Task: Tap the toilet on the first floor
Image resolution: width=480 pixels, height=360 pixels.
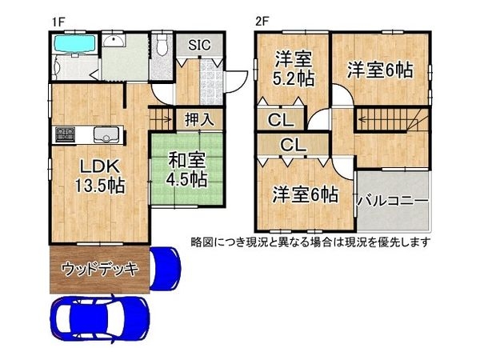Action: (x=162, y=46)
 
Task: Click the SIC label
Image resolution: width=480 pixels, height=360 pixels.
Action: (x=198, y=45)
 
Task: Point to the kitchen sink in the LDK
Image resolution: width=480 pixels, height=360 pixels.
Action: (x=102, y=134)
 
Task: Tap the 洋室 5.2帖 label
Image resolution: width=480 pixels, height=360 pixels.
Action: (x=293, y=66)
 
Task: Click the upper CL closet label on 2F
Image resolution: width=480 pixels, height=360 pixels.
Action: (x=280, y=121)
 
